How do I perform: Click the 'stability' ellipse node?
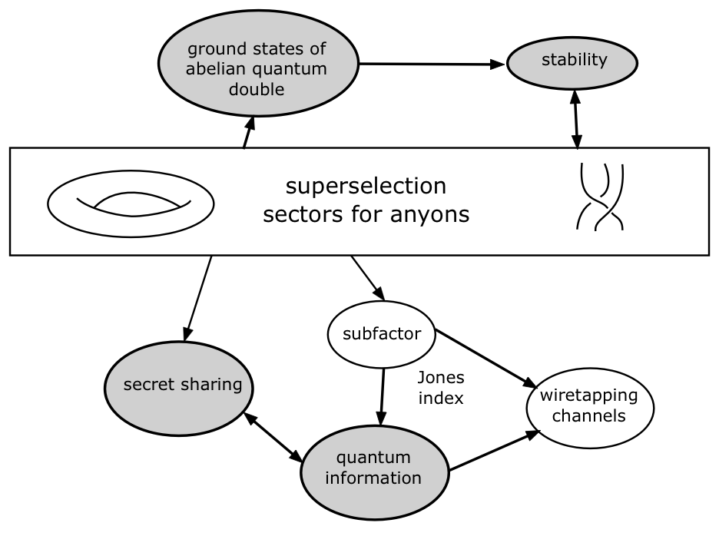tap(574, 61)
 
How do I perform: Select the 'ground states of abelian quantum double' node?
tap(257, 68)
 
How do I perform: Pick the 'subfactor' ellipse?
tap(382, 334)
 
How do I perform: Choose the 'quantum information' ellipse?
tap(373, 468)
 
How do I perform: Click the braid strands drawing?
tap(600, 197)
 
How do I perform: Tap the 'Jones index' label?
tap(441, 388)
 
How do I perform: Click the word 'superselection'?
tap(365, 187)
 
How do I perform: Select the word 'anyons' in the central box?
tap(431, 214)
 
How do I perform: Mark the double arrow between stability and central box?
tap(575, 119)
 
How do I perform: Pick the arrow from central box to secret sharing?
tap(199, 296)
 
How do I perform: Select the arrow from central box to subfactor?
tap(367, 277)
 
